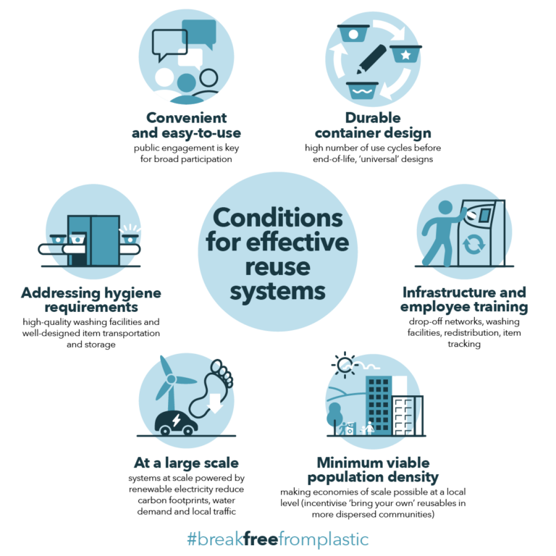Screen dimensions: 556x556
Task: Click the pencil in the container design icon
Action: [371, 59]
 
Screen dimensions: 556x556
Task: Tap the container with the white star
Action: [405, 54]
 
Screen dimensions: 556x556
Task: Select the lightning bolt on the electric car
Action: [176, 420]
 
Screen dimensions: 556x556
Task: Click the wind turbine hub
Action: [172, 379]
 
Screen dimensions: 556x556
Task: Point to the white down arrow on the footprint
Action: [216, 403]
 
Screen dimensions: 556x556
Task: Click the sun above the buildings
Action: [344, 364]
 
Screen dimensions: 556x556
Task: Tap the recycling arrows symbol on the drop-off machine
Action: [473, 245]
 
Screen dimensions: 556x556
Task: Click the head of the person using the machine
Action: [445, 208]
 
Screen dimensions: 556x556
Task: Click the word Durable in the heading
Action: [373, 118]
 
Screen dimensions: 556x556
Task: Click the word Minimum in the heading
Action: [343, 463]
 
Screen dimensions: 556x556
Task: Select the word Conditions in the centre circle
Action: [278, 218]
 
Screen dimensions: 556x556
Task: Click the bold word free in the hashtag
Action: [261, 539]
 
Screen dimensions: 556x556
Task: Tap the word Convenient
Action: [187, 118]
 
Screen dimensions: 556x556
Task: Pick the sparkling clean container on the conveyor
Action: [130, 238]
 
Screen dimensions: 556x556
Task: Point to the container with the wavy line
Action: [362, 90]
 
